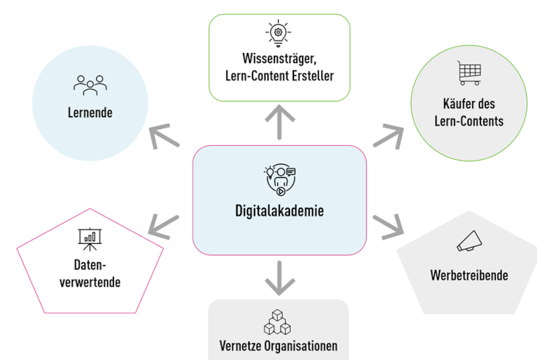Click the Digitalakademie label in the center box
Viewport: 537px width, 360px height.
point(279,212)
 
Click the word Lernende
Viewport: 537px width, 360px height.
point(89,113)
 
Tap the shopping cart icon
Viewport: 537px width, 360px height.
point(469,73)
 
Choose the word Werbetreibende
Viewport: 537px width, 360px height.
point(469,275)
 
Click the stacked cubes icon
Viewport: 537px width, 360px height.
point(277,322)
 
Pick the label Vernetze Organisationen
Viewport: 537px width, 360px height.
point(278,347)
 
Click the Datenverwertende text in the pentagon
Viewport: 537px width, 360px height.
point(90,273)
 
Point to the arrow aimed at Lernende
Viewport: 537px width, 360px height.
point(164,137)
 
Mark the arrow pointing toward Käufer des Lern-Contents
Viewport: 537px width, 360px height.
point(387,135)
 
